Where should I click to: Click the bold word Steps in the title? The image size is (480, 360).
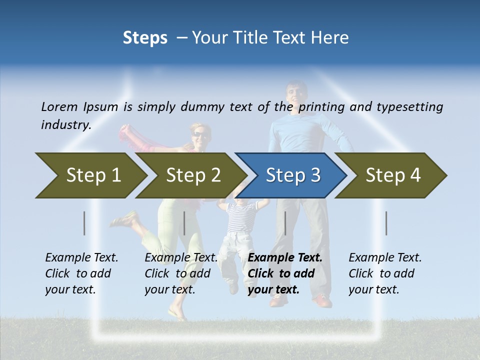[x=145, y=38]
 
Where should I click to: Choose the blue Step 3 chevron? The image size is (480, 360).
[x=292, y=175]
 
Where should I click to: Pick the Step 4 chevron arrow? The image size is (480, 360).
[x=392, y=175]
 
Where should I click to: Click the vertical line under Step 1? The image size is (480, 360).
[x=84, y=223]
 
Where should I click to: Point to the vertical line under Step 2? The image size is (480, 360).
[x=184, y=223]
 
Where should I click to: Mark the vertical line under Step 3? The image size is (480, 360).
[x=285, y=223]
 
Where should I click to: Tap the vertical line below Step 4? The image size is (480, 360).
[x=386, y=223]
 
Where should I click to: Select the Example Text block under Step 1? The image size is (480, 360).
[x=81, y=273]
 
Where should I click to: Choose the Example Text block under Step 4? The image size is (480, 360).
[x=385, y=273]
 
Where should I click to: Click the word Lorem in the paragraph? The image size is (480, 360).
[x=59, y=106]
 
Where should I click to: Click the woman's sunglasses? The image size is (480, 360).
[x=199, y=134]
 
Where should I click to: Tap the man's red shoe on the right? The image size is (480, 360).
[x=322, y=300]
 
